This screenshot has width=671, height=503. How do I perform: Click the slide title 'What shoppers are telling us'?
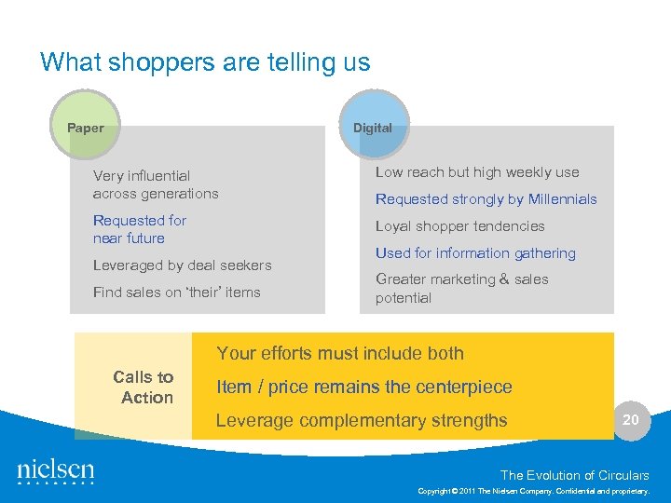(x=205, y=62)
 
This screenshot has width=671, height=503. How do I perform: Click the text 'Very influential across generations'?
(x=156, y=184)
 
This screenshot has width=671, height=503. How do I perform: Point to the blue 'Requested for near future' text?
(x=140, y=229)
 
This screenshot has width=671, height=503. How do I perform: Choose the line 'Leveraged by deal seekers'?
(x=182, y=265)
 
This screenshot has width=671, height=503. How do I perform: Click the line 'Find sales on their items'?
(x=177, y=292)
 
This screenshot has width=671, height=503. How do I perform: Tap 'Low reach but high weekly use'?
(x=477, y=172)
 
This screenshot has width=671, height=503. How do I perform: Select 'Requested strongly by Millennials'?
(x=486, y=199)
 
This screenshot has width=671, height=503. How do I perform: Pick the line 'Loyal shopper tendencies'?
(x=459, y=226)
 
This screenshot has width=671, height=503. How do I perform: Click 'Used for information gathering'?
(x=475, y=253)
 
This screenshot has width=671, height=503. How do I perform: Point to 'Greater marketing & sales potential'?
(x=461, y=289)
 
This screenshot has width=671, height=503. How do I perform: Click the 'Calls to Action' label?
(x=144, y=387)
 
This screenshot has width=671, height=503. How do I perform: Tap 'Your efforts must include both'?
(x=339, y=353)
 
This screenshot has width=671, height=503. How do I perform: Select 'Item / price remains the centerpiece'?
(x=363, y=387)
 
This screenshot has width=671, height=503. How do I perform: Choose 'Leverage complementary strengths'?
(x=362, y=420)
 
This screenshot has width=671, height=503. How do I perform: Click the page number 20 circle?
(x=631, y=420)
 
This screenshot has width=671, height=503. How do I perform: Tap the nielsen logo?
(x=56, y=472)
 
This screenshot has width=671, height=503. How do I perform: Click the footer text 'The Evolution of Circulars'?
(x=574, y=475)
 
